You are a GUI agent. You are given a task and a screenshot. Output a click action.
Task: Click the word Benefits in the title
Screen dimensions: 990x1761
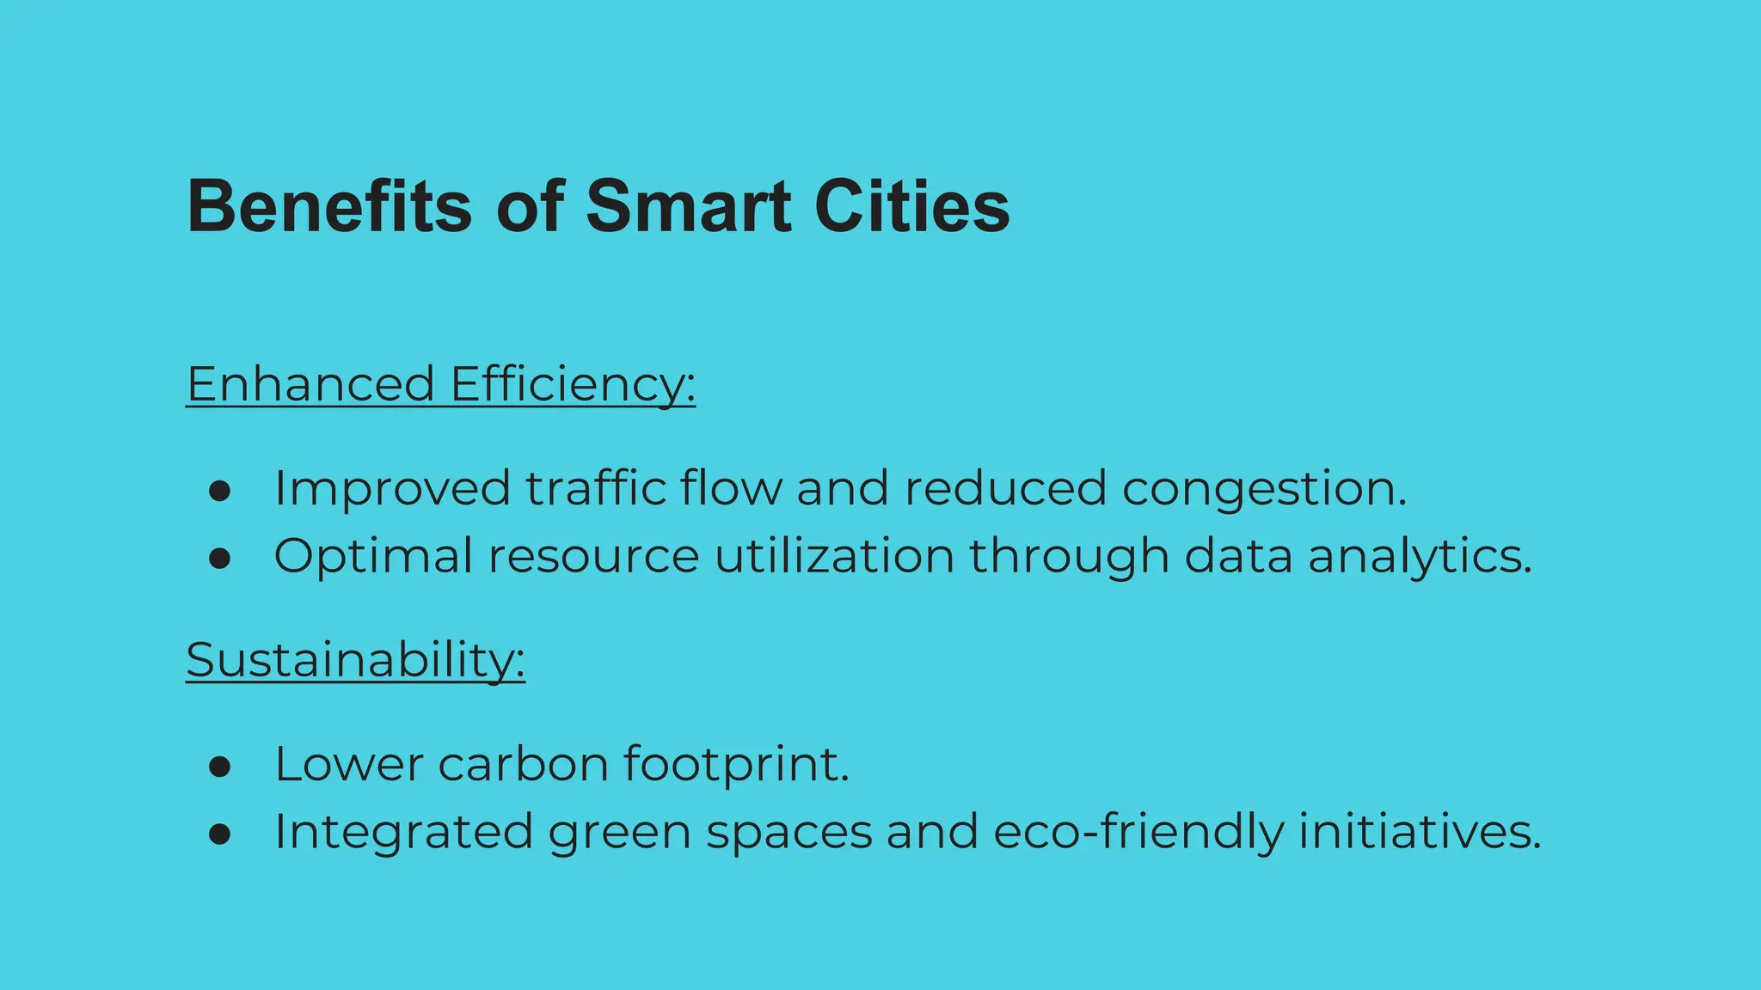329,206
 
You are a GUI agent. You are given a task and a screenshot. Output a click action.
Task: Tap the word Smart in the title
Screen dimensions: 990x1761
688,206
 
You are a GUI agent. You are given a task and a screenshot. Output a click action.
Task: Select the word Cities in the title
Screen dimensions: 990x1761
912,206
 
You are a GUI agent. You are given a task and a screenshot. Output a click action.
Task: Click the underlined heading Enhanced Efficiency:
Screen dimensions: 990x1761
440,384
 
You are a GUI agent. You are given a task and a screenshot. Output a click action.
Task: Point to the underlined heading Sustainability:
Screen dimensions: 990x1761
355,660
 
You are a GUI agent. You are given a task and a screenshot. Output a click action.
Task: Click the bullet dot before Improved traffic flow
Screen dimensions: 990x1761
220,491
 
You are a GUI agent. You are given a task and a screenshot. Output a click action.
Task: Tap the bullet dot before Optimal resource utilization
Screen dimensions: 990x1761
220,559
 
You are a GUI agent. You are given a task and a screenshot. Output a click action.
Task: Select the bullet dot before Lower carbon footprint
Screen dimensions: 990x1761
220,767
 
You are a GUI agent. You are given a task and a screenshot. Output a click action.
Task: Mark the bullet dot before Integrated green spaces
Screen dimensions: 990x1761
220,834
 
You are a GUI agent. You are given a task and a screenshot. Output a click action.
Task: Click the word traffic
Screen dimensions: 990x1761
595,488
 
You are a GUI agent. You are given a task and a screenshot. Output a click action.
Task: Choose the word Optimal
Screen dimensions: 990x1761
373,556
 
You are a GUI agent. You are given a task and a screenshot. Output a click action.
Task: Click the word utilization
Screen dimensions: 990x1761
834,556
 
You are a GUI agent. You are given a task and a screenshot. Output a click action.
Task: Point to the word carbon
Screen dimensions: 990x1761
523,764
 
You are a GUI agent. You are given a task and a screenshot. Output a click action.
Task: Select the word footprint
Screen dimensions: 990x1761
735,764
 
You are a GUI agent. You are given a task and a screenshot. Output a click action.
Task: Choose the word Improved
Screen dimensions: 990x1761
392,489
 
